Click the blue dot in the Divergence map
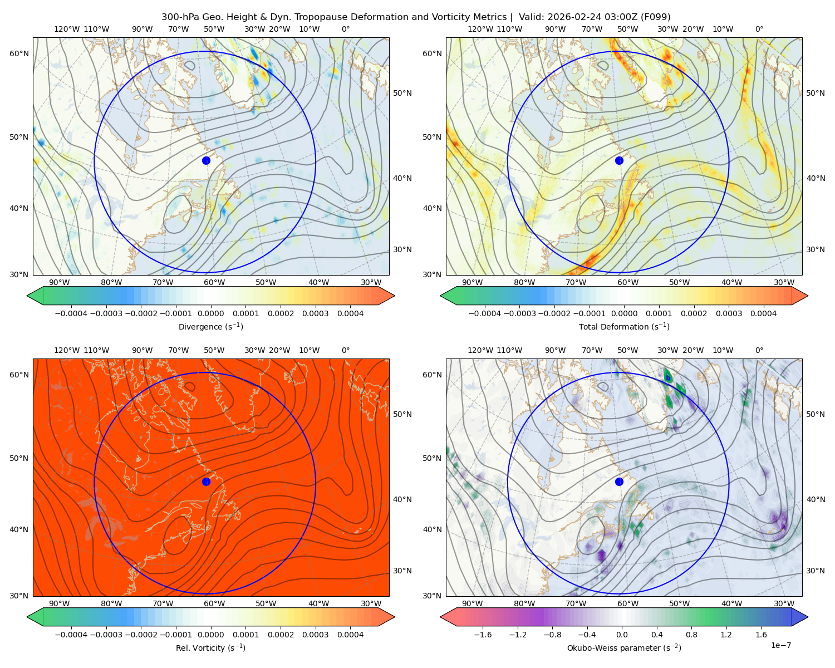206,160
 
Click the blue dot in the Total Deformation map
619,160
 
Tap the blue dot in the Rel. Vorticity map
206,482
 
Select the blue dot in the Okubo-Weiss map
619,482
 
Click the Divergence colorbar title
210,326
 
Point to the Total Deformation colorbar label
624,326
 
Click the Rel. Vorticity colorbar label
210,647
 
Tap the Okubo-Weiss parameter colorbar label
624,647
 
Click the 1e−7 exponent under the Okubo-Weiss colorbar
780,645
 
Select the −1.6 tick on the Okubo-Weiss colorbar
483,634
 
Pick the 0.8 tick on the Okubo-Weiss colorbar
691,634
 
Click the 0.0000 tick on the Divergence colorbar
210,313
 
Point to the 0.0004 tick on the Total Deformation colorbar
763,313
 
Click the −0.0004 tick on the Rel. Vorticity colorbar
71,634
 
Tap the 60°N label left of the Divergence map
19,53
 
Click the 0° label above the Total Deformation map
759,29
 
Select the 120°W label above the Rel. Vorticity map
67,350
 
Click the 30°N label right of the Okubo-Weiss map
816,570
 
